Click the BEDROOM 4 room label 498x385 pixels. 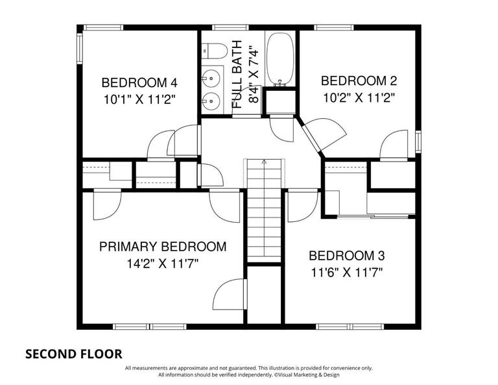139,82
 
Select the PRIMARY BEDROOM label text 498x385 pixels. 163,247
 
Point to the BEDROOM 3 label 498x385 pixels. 351,255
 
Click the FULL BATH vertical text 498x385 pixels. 237,74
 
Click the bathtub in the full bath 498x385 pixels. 280,59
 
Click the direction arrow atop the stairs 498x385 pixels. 264,161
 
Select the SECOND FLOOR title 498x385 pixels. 73,354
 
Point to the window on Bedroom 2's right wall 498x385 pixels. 418,140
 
